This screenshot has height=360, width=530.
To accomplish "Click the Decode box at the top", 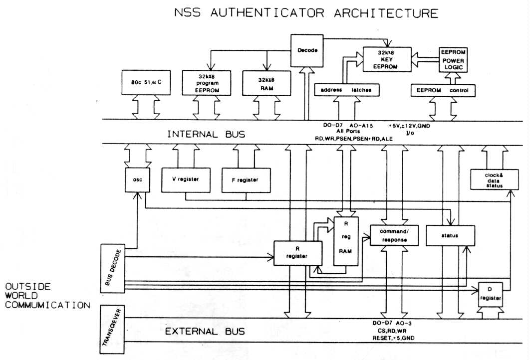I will [x=307, y=50].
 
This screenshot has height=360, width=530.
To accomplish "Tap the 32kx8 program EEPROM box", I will [x=206, y=83].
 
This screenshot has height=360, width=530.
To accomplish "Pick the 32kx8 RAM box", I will [x=264, y=83].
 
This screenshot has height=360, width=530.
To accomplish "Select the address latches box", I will [x=347, y=90].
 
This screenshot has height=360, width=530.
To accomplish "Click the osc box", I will [x=138, y=180].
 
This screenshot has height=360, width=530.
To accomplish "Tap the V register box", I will [x=186, y=180].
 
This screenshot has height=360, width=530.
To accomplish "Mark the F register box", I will [x=247, y=180].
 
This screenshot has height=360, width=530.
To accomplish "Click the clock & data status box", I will [x=492, y=180].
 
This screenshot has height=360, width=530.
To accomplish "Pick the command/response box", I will [x=393, y=235].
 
